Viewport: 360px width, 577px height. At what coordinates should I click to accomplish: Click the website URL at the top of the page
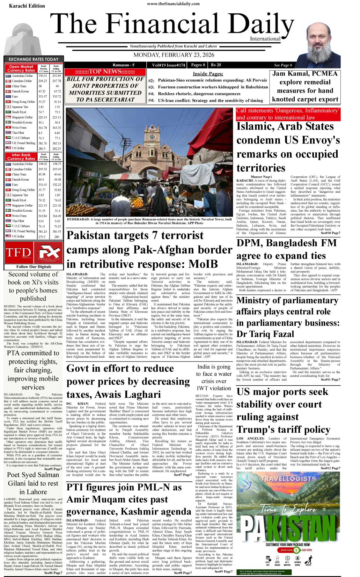173,4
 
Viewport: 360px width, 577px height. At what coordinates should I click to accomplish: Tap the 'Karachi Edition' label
27,6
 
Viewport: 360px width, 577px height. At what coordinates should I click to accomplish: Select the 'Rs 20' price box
216,65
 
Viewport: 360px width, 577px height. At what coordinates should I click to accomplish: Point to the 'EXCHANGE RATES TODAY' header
34,59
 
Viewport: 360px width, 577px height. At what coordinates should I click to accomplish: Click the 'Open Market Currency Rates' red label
21,68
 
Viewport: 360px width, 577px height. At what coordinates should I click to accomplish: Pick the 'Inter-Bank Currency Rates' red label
21,156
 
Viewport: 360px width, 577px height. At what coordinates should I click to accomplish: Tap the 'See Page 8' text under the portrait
283,65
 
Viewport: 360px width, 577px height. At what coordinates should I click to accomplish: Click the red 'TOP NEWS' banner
105,72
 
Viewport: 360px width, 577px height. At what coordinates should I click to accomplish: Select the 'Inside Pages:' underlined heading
208,74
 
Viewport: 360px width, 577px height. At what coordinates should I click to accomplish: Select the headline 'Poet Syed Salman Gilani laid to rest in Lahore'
33,483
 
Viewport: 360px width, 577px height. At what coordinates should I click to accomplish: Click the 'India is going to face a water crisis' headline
214,377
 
